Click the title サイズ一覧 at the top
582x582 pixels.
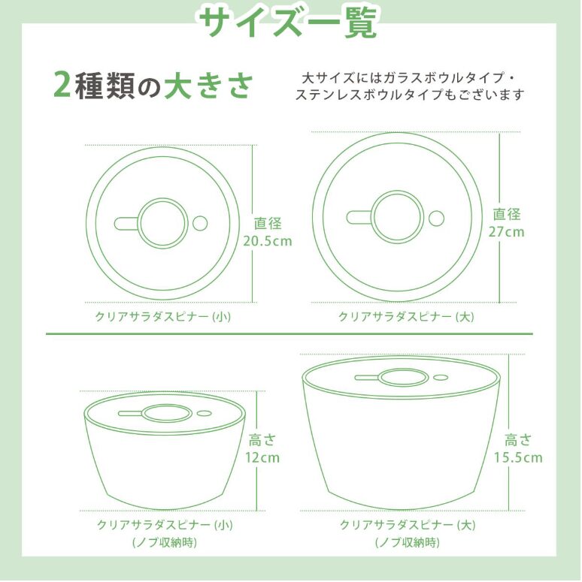pos(289,22)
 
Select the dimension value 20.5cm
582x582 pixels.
pos(267,241)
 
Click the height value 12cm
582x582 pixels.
pos(262,457)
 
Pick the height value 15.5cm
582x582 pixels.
pos(518,457)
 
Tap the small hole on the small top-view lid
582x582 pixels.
pos(200,223)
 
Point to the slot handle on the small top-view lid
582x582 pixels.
pos(126,223)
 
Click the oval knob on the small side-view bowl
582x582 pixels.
pos(165,412)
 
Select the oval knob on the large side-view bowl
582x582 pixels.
pos(402,378)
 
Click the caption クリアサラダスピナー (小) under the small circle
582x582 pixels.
pos(163,316)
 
